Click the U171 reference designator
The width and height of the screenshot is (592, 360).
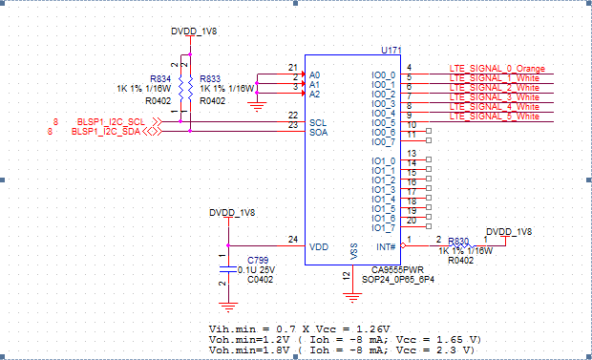point(390,48)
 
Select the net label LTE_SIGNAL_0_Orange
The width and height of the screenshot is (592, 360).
point(497,69)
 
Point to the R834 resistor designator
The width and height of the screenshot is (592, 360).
point(159,78)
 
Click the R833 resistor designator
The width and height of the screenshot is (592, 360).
point(210,78)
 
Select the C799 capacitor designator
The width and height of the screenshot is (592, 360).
point(258,260)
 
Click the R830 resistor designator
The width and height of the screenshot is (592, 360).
point(458,242)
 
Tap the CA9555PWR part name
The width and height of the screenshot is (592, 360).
point(396,270)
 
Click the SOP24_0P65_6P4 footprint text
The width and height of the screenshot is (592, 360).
point(403,280)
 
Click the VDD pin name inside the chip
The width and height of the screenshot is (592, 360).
point(319,246)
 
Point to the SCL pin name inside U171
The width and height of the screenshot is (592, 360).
point(318,122)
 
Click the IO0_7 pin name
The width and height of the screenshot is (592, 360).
point(383,141)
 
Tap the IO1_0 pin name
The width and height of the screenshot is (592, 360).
point(383,160)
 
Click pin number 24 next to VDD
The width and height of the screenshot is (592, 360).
point(292,239)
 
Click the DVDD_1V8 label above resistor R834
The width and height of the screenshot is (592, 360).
point(194,32)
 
